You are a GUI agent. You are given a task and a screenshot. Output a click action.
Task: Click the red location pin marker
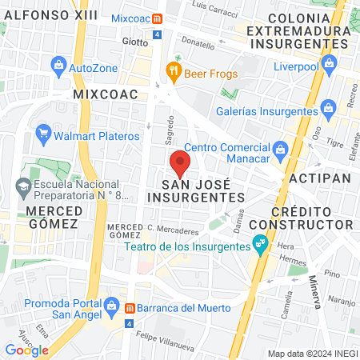(180, 164)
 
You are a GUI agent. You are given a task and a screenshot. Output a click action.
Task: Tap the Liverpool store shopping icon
(328, 63)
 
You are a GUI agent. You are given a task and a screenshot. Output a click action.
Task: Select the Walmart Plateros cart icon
(45, 133)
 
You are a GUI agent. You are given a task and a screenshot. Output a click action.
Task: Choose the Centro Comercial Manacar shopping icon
(280, 149)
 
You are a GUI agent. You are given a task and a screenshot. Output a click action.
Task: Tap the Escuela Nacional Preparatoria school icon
(23, 189)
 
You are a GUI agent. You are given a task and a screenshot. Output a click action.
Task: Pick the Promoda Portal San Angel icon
(110, 304)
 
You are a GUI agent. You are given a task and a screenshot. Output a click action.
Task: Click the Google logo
(26, 350)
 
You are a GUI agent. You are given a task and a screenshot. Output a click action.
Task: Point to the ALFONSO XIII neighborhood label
(40, 14)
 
